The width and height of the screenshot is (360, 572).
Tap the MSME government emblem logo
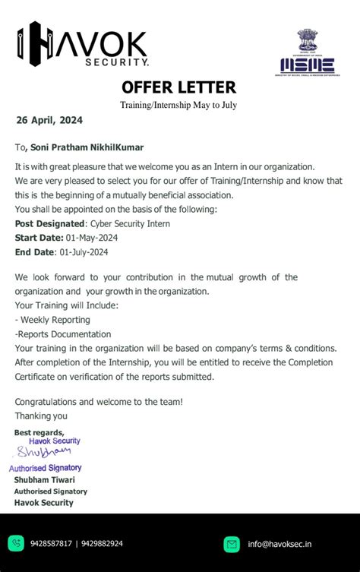(308, 52)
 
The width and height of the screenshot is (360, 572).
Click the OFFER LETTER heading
(178, 87)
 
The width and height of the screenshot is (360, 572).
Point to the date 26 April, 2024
(49, 120)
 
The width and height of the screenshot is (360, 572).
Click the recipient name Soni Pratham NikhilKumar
(86, 147)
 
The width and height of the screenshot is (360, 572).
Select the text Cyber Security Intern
(130, 223)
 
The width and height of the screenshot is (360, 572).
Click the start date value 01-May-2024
(88, 238)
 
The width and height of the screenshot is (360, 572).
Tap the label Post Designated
(50, 223)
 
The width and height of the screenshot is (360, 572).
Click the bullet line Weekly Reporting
(52, 320)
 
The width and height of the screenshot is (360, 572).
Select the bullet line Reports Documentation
(57, 333)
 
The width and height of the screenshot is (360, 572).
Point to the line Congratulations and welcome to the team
(99, 401)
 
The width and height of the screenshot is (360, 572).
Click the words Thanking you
(41, 416)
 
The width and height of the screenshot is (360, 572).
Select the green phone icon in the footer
(16, 543)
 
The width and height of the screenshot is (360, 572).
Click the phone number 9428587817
(52, 544)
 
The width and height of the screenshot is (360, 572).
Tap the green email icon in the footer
(232, 544)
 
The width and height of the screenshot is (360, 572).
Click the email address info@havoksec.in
(279, 544)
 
